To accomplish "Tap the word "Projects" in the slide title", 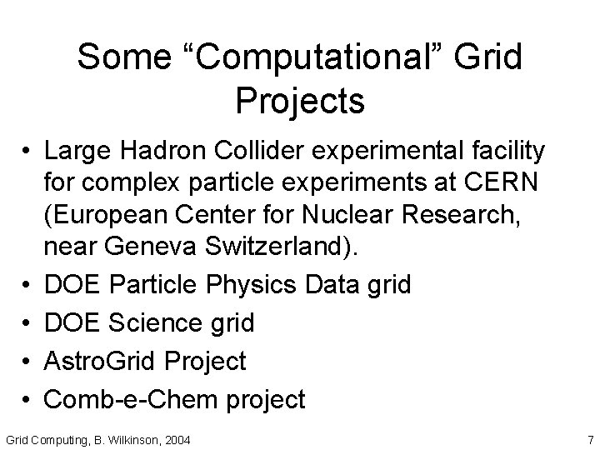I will (300, 101).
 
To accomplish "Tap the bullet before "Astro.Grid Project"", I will (28, 362).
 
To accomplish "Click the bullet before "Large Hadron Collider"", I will (28, 151).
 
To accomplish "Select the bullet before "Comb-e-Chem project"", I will (28, 399).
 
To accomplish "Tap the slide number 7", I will (590, 439).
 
